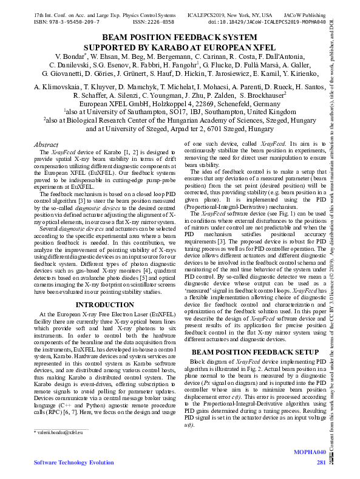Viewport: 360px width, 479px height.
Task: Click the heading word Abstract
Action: [x=46, y=145]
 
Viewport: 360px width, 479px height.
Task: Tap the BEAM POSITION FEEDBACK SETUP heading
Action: [x=255, y=352]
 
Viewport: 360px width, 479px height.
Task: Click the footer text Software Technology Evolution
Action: [x=61, y=463]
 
